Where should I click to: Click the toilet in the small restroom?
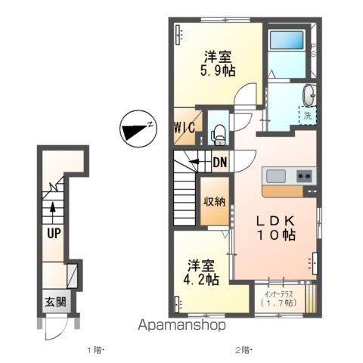(x=218, y=135)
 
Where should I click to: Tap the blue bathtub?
(x=287, y=40)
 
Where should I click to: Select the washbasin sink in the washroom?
(x=309, y=95)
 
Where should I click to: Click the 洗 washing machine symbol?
(x=307, y=116)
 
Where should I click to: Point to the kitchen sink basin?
(x=276, y=176)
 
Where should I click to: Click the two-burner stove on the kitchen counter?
(x=304, y=175)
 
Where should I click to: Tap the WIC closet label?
(x=185, y=127)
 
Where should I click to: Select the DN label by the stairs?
(x=220, y=163)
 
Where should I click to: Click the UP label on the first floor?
(x=54, y=234)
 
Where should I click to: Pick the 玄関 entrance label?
(x=55, y=302)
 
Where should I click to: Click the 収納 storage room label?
(x=215, y=201)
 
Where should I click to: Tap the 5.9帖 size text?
(x=218, y=71)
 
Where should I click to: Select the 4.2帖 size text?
(x=201, y=279)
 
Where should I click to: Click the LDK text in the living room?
(x=276, y=221)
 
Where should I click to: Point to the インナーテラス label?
(x=278, y=294)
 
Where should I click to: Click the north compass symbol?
(x=138, y=129)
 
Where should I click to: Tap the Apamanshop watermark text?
(x=181, y=325)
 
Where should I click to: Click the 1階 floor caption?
(x=95, y=350)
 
